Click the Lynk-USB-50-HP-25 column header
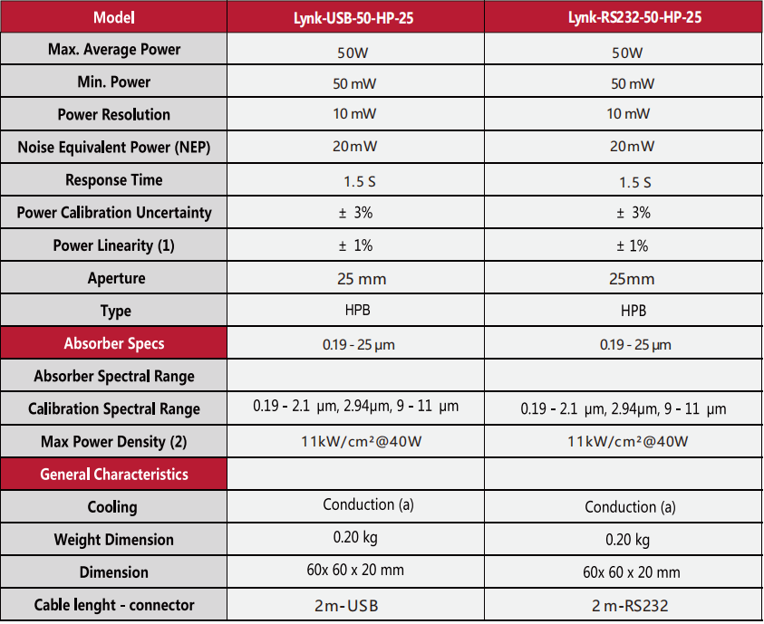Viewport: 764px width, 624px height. pos(355,17)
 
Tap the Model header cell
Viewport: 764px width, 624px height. pos(114,17)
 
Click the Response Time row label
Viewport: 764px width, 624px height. pos(114,180)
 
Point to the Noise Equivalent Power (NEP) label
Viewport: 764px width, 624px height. pos(114,148)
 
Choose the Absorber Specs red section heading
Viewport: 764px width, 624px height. pos(114,344)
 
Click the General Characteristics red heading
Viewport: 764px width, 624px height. pos(114,475)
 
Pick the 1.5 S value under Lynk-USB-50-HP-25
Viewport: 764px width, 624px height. pos(359,182)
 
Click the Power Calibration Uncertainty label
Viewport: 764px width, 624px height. pos(114,213)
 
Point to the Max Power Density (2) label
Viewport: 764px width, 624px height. pos(114,442)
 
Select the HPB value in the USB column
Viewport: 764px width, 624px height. pos(355,310)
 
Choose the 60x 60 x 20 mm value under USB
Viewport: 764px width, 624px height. pos(355,571)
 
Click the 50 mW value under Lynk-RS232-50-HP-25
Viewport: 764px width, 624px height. pos(632,84)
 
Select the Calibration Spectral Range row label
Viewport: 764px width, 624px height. pos(114,409)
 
